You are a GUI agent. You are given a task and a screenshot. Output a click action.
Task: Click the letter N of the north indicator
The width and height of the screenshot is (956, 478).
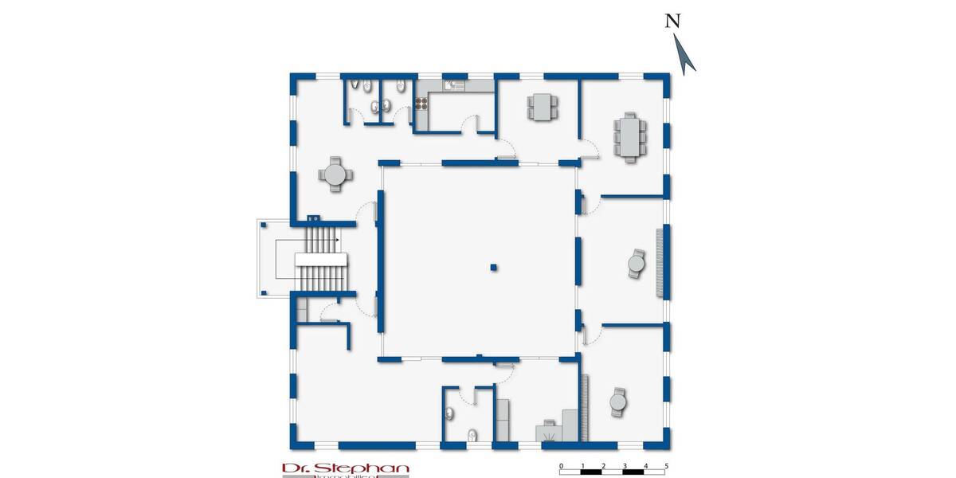tap(673, 22)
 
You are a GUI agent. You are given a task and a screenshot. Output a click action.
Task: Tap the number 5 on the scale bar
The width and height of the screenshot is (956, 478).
tap(666, 465)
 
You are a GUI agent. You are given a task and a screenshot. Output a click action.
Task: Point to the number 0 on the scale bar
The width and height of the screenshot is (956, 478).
tap(562, 465)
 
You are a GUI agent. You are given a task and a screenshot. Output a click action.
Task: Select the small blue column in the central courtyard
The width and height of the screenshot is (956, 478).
tap(494, 267)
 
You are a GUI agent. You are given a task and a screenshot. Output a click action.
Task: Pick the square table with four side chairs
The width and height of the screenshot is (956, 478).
tap(543, 105)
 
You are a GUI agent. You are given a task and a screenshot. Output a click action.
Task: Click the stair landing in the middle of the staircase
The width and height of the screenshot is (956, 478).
tap(323, 261)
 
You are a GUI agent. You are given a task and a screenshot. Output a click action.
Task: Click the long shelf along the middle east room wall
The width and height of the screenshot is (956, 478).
tap(658, 263)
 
